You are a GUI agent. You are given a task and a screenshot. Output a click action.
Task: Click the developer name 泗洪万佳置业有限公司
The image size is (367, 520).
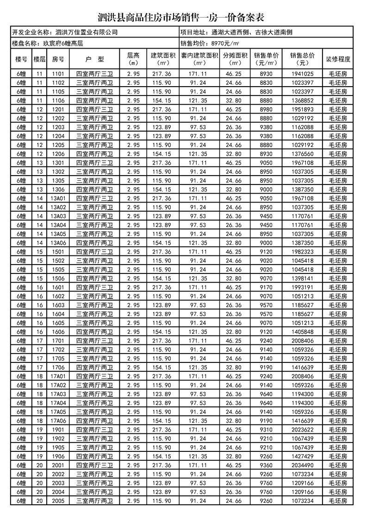pos(86,33)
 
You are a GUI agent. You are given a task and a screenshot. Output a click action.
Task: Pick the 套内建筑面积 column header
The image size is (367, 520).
pos(198,59)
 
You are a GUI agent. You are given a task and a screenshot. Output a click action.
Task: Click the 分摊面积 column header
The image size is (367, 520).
pos(235,59)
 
